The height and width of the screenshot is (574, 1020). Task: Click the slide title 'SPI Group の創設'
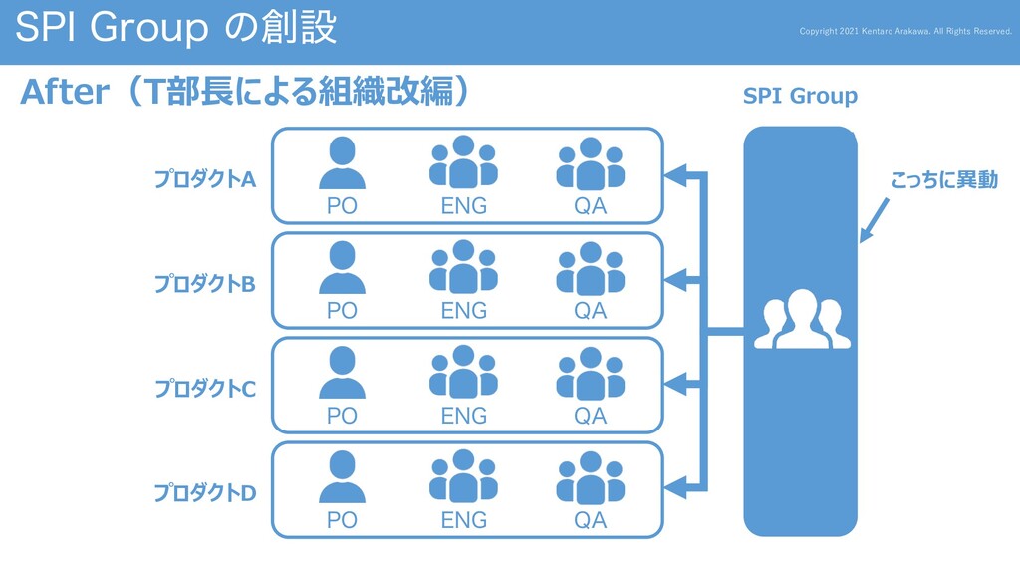pyautogui.click(x=175, y=28)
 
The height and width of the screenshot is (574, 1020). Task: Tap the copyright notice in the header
pyautogui.click(x=905, y=31)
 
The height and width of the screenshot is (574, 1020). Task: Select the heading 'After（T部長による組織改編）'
pyautogui.click(x=244, y=93)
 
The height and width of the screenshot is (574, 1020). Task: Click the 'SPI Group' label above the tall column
pyautogui.click(x=800, y=96)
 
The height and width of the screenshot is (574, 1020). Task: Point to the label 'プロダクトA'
pyautogui.click(x=204, y=179)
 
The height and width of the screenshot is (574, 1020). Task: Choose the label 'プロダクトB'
pyautogui.click(x=204, y=284)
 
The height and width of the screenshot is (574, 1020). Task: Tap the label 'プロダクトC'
pyautogui.click(x=204, y=388)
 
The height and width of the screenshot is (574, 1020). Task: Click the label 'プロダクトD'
pyautogui.click(x=204, y=492)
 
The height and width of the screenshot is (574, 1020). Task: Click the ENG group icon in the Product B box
pyautogui.click(x=463, y=267)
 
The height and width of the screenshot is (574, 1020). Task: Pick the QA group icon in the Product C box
pyautogui.click(x=590, y=373)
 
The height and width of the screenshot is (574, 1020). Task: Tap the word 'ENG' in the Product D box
pyautogui.click(x=463, y=520)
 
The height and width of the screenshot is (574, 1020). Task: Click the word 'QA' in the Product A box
pyautogui.click(x=590, y=206)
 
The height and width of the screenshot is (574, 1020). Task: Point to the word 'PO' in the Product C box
pyautogui.click(x=342, y=416)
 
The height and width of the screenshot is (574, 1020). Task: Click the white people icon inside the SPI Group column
pyautogui.click(x=802, y=319)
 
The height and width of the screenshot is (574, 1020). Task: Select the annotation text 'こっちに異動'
pyautogui.click(x=943, y=180)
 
